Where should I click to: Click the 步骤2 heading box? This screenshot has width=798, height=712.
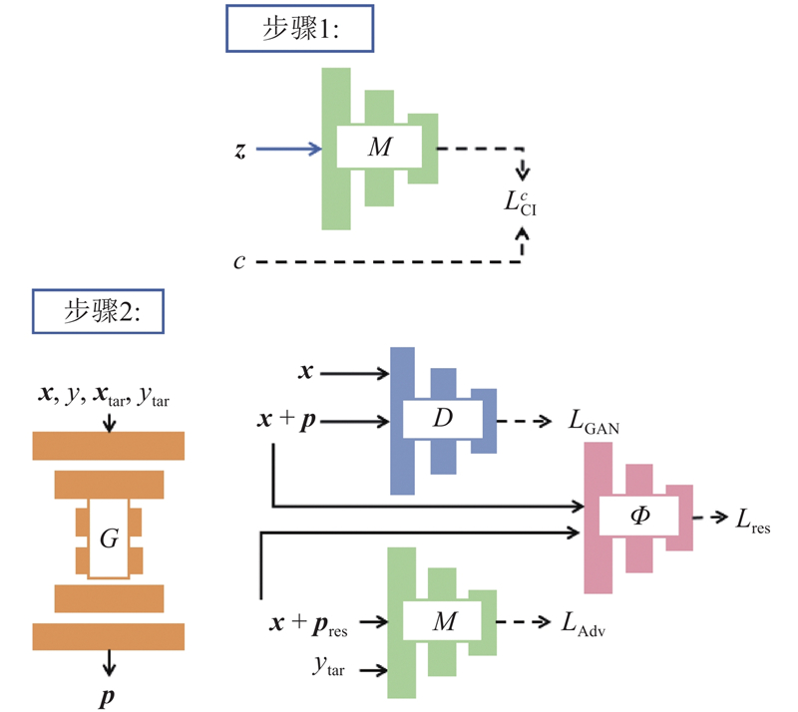click(x=99, y=311)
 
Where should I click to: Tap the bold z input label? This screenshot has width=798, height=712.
click(x=239, y=150)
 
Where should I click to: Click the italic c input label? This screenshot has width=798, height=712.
click(x=239, y=261)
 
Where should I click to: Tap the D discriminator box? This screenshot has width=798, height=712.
click(x=442, y=420)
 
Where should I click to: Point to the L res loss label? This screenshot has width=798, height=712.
click(x=752, y=519)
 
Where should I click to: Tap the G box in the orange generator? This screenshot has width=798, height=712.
click(x=109, y=539)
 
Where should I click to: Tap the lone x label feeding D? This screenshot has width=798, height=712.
click(x=307, y=372)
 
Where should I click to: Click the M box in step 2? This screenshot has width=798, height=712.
click(x=444, y=622)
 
